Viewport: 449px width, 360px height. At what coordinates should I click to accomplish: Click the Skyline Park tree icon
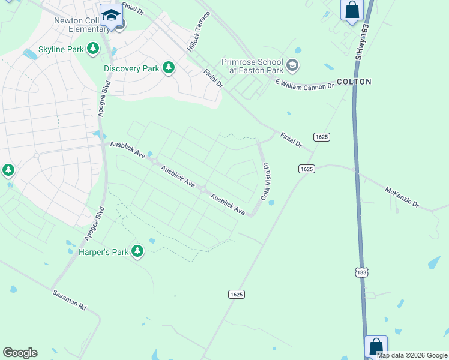(x=93, y=48)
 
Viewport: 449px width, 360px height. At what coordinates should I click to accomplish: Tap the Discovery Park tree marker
(x=169, y=68)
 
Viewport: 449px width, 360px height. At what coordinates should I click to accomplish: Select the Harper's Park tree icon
(x=138, y=251)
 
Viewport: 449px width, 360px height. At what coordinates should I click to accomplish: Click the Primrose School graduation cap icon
(x=292, y=65)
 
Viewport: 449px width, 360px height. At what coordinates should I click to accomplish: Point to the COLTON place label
(x=354, y=82)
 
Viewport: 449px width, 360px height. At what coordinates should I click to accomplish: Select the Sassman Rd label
(x=69, y=299)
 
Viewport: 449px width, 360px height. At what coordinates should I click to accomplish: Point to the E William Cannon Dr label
(x=304, y=84)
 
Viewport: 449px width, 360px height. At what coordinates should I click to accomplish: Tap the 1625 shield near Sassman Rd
(x=237, y=294)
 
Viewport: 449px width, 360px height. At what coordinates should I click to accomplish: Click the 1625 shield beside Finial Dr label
(x=322, y=137)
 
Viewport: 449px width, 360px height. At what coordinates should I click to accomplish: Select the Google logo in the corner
(x=20, y=353)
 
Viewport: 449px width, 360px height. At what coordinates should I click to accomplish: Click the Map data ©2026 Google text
(x=412, y=355)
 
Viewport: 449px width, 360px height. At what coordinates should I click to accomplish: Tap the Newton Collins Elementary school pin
(x=111, y=16)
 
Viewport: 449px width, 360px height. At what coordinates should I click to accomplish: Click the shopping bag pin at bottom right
(x=376, y=346)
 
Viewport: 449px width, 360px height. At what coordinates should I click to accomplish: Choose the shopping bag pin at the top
(x=351, y=10)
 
